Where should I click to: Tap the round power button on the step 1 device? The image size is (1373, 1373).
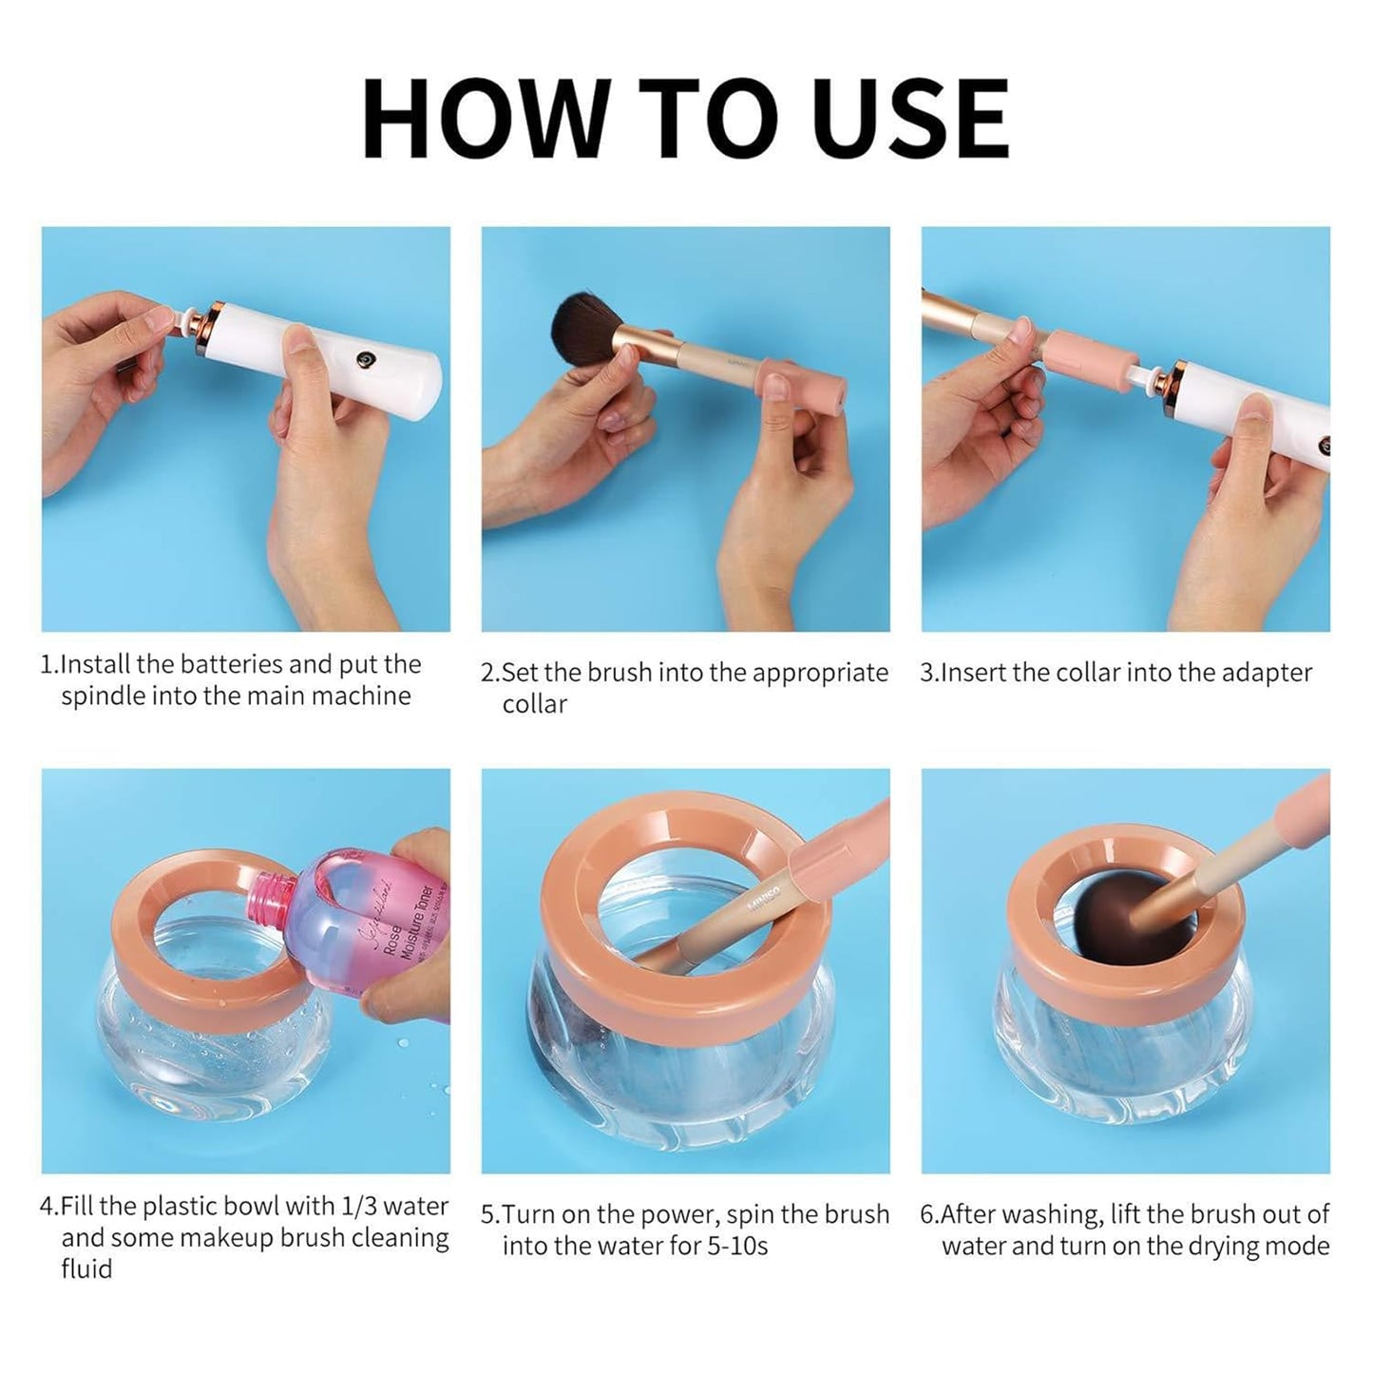tap(364, 359)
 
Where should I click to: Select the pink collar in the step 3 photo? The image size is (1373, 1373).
tap(1090, 353)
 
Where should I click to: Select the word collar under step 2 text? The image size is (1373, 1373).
tap(534, 705)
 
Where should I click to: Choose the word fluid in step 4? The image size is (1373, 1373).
tap(86, 1269)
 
